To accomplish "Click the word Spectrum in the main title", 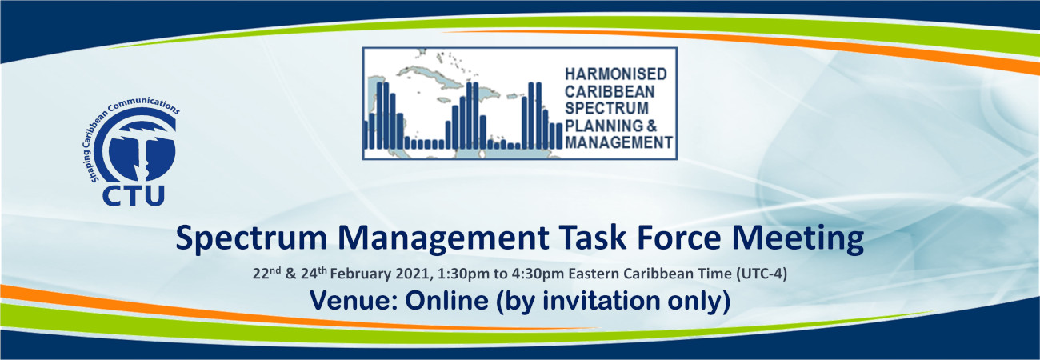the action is (x=252, y=238).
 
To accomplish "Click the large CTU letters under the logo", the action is (x=134, y=195).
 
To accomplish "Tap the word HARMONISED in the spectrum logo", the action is (x=616, y=74).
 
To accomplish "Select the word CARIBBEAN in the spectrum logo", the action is (x=610, y=91).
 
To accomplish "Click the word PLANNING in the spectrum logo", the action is (x=604, y=126).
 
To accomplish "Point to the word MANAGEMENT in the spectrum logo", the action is (x=618, y=142).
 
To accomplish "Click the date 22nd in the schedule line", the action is (x=266, y=273).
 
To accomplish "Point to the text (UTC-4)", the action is (x=762, y=274).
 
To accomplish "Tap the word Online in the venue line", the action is (x=446, y=300).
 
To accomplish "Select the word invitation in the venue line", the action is (x=602, y=300).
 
